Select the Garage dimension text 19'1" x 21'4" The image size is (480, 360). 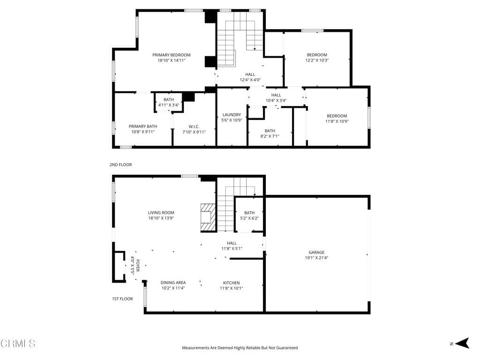(x=316, y=258)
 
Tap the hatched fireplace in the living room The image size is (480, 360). (x=208, y=217)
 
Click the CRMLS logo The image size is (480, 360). (x=18, y=344)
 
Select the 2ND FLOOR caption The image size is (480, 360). (x=121, y=165)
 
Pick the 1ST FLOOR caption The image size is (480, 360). (x=122, y=299)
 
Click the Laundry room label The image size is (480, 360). (x=232, y=115)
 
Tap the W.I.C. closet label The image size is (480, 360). (x=194, y=126)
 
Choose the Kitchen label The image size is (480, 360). (x=231, y=283)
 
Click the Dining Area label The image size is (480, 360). (x=173, y=283)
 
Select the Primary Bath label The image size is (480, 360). (x=143, y=126)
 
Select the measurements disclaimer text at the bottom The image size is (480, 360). (x=240, y=348)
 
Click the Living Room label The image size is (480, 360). (x=161, y=212)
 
